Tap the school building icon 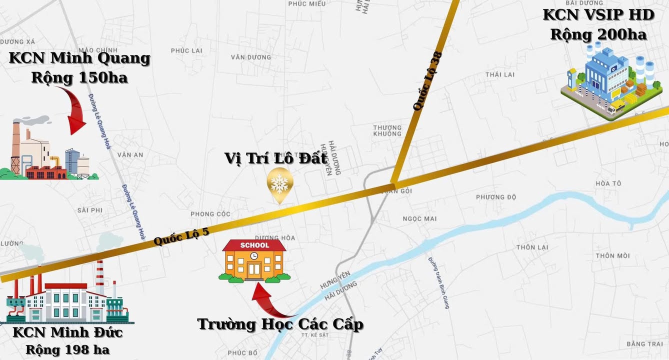[254, 261]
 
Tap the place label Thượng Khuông [387, 130]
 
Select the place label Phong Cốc [210, 214]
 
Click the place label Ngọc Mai [419, 218]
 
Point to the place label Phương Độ [495, 197]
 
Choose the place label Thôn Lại [532, 247]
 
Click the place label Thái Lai [499, 74]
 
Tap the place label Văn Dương [251, 57]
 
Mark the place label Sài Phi [89, 210]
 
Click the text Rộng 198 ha [67, 349]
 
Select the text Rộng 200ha [598, 34]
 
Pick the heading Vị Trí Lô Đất [276, 158]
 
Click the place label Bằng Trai [644, 344]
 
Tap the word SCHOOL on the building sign [254, 245]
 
